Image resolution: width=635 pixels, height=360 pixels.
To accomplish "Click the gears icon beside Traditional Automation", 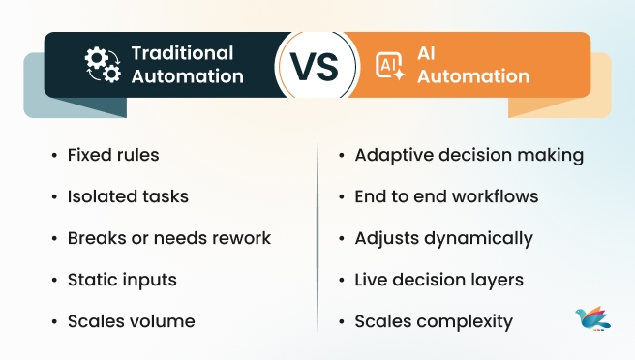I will [x=101, y=65].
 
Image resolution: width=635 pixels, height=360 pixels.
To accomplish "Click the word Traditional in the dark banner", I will [x=182, y=53].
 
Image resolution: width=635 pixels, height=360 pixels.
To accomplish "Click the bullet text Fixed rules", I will [x=112, y=155].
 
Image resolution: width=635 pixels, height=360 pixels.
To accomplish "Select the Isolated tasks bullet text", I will [x=127, y=196].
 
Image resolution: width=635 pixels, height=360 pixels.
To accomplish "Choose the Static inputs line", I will [x=121, y=280].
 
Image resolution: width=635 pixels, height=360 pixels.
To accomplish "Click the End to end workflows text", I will [x=446, y=196].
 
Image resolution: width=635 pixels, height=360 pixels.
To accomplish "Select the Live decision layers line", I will [x=438, y=280].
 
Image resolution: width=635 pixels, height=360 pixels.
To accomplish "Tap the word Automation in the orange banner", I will [x=476, y=76].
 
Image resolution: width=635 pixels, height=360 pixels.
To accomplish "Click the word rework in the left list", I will [x=242, y=238].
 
